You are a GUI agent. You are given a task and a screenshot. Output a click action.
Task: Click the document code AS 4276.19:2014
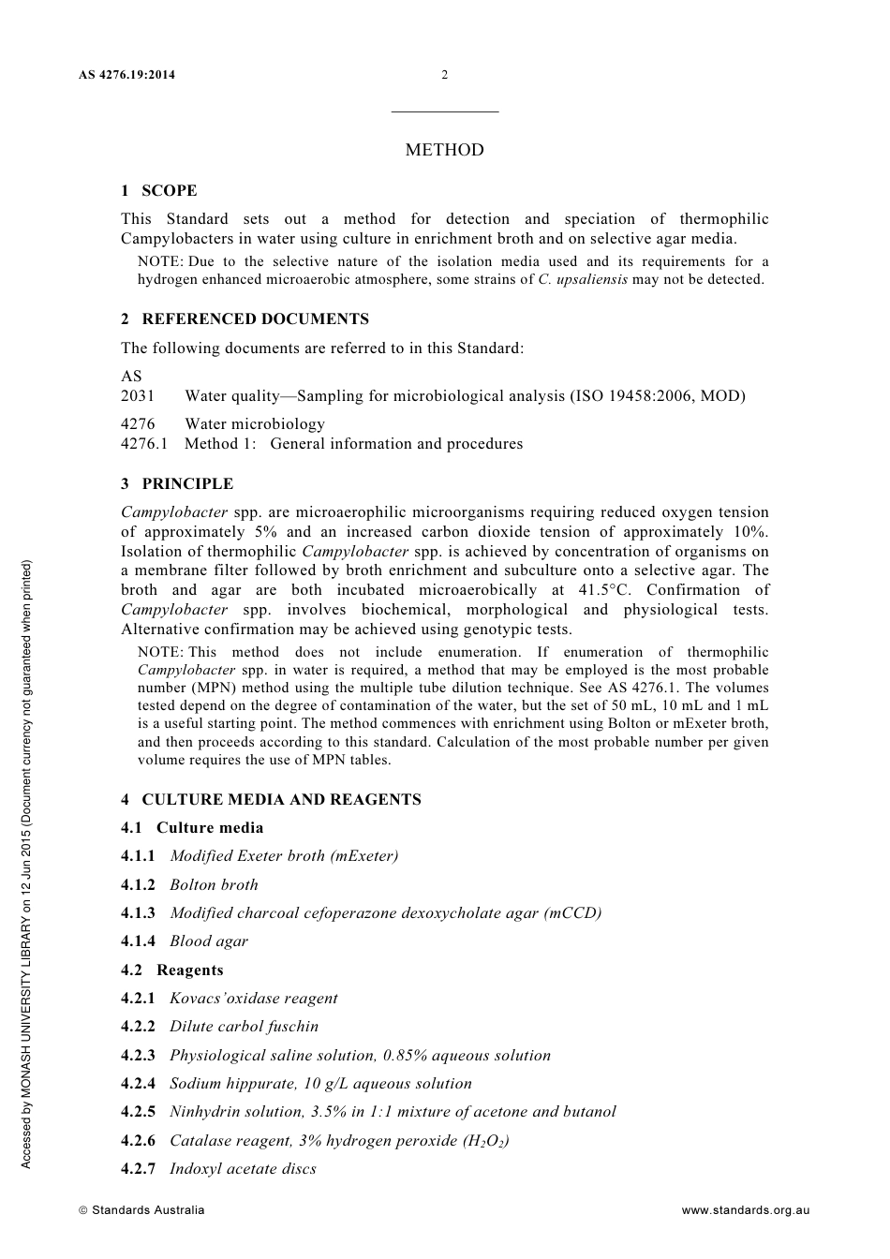[127, 75]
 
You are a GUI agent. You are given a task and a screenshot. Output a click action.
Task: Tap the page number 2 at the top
[445, 75]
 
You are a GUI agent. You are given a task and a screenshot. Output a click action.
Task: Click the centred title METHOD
[445, 150]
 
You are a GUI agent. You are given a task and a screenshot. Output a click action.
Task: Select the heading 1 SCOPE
[159, 191]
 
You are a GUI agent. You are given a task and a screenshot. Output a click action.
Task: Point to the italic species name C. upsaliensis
[583, 280]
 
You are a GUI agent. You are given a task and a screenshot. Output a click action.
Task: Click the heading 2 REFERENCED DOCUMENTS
[245, 319]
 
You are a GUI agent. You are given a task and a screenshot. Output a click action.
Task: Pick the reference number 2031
[138, 396]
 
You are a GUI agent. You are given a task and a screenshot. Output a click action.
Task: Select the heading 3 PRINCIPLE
[177, 484]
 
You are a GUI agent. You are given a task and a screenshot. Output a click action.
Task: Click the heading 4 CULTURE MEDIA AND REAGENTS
[271, 800]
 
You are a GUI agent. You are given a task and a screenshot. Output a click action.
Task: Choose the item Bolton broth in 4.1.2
[214, 885]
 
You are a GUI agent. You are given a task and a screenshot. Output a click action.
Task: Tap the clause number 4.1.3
[139, 913]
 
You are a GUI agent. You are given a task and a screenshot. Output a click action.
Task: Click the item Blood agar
[209, 941]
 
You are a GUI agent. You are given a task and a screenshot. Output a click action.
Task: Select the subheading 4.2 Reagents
[172, 970]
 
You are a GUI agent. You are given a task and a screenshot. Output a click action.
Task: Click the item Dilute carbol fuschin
[244, 1027]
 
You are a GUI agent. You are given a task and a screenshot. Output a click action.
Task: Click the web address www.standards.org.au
[745, 1210]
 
